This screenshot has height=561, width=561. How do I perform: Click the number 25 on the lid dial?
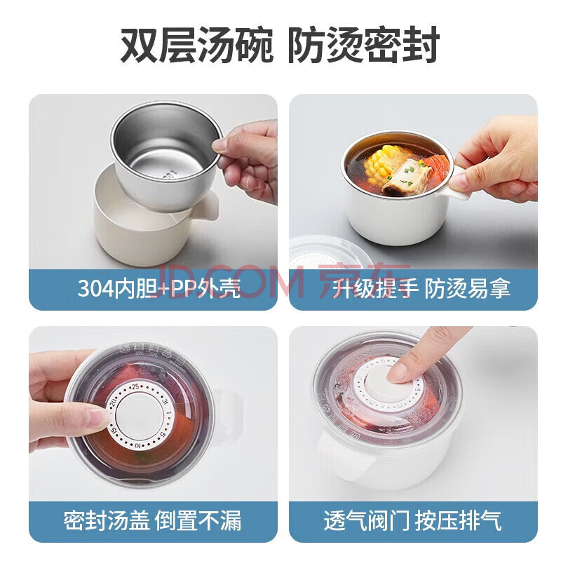coord(135,387)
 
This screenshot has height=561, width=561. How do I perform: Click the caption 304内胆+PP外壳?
coord(159,288)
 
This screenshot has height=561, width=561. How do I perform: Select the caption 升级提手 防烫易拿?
coord(421,288)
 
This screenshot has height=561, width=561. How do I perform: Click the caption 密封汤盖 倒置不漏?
coord(152,520)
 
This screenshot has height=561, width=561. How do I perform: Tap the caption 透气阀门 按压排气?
coord(412,520)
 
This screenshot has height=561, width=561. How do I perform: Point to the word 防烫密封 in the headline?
coord(363,46)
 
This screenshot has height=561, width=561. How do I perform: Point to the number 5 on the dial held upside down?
coord(162,434)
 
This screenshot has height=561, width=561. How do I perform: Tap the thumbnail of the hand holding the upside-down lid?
coord(96,416)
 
